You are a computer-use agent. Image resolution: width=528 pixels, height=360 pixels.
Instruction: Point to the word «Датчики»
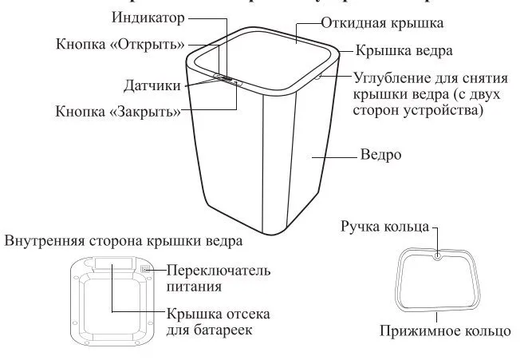(152, 85)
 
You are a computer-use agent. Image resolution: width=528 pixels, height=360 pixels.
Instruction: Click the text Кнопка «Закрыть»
(118, 111)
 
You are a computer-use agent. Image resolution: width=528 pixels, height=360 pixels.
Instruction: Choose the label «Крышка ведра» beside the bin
(404, 50)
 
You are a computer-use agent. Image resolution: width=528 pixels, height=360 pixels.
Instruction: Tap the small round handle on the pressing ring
(439, 257)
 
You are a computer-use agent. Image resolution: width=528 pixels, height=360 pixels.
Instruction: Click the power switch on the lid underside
(147, 270)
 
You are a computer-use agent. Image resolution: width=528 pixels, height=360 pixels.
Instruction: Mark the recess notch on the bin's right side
(321, 77)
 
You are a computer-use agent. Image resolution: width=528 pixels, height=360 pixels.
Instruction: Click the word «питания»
(193, 286)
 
